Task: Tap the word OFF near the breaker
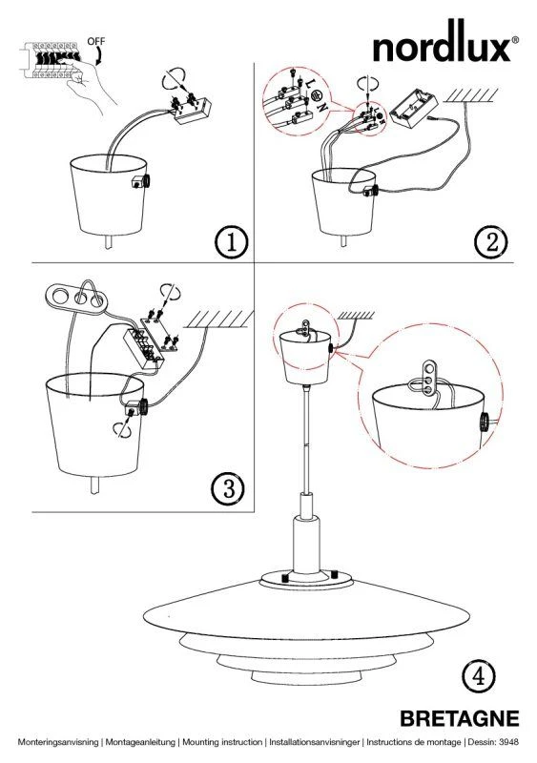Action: pos(96,41)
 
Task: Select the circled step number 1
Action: pos(231,242)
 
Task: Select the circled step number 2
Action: pos(492,242)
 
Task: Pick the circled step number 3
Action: pos(228,488)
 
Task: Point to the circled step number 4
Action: pos(479,677)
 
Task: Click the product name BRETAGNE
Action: pos(460,719)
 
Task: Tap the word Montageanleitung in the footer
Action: pos(140,743)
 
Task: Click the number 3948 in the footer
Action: pos(508,742)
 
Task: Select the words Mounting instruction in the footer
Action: pos(222,743)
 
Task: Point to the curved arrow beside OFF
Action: pos(99,56)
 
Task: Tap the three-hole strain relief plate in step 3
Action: pos(75,297)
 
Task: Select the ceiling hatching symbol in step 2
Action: pos(472,94)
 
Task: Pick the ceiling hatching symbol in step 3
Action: pos(220,320)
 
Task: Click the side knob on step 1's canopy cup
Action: pos(142,181)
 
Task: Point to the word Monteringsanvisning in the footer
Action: pos(58,743)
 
